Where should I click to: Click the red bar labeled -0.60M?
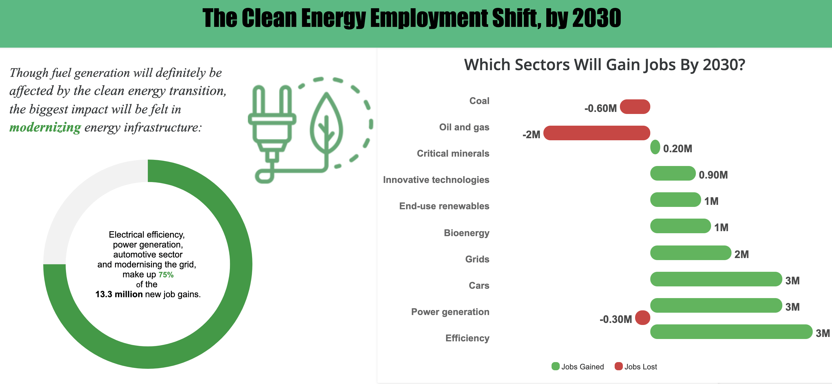[x=635, y=107]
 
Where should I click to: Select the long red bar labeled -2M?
[x=597, y=133]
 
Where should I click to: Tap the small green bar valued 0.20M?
[x=655, y=147]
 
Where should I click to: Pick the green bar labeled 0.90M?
[x=672, y=173]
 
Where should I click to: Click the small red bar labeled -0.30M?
[x=642, y=318]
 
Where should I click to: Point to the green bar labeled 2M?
[x=690, y=253]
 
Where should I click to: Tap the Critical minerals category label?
[x=453, y=153]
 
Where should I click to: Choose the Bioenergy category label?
[x=466, y=233]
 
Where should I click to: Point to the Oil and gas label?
[x=464, y=127]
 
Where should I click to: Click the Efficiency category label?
[x=467, y=338]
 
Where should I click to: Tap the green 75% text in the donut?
[x=166, y=275]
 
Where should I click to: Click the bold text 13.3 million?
[x=119, y=294]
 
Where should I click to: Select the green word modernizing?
[x=45, y=127]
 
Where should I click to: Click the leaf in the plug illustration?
[x=326, y=124]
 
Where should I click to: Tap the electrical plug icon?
[x=272, y=123]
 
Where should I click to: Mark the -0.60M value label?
[x=600, y=108]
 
